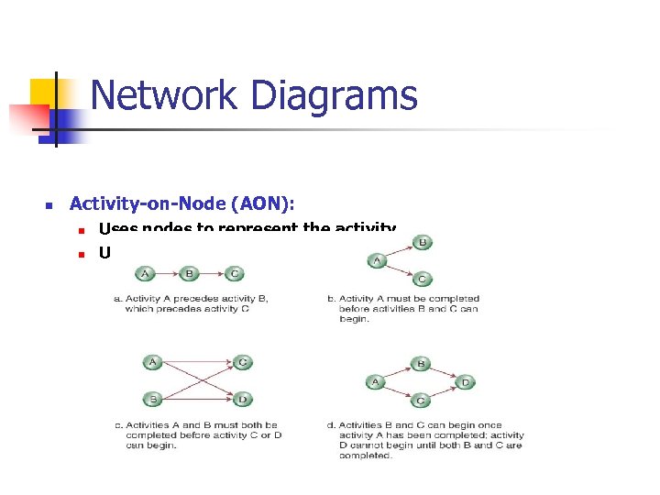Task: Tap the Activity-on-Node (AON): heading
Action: (182, 203)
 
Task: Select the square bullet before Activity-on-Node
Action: (50, 204)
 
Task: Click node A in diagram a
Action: (145, 273)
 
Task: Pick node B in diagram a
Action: (189, 273)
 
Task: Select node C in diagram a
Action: (235, 273)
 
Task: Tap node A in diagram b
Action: (377, 261)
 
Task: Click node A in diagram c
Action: (152, 363)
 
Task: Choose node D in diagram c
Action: (243, 399)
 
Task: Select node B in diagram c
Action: (152, 399)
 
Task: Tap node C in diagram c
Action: (243, 363)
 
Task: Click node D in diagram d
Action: (466, 381)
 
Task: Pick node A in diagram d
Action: (375, 381)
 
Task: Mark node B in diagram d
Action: (420, 363)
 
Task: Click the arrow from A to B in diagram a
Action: (167, 273)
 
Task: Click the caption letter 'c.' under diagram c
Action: (119, 425)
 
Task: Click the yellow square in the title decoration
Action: (44, 92)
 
